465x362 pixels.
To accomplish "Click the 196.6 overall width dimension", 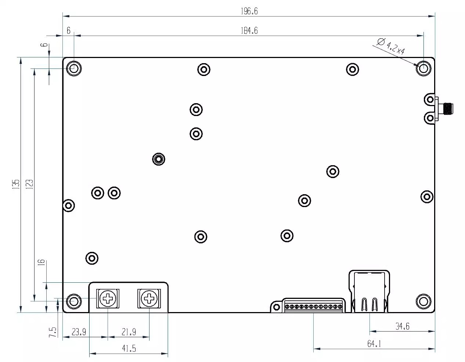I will pos(249,11).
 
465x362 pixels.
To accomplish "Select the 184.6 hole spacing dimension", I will pos(249,31).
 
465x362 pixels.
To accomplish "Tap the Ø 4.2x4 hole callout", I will pos(391,46).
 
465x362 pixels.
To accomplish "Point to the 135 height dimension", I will pos(15,184).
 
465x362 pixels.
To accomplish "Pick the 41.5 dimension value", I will pos(129,348).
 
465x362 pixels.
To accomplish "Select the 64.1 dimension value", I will pos(374,344).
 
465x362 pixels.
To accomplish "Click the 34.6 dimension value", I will pos(402,326).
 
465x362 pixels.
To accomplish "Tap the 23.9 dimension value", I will pos(79,332).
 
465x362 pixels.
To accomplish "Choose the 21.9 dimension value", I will pos(129,332).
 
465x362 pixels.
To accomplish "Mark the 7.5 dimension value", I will pos(53,332).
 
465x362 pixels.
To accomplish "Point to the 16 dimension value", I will pos(42,262).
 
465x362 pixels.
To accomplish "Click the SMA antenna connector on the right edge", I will pos(447,108).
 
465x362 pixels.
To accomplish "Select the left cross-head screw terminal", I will pos(108,298).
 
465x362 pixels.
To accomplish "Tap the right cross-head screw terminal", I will pos(149,298).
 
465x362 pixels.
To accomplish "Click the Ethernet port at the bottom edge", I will pos(369,292).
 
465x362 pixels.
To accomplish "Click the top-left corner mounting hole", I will pos(74,68).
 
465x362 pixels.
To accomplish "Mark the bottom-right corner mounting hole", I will pos(423,301).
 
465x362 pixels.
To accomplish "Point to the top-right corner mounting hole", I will pos(423,68).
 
